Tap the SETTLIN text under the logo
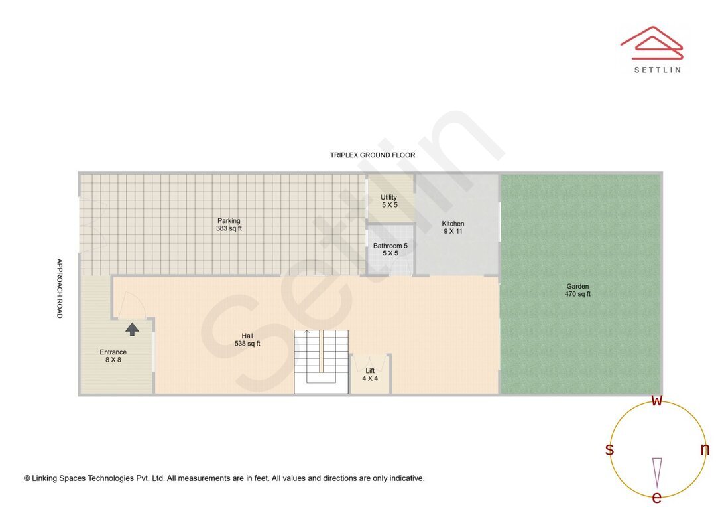click(x=657, y=69)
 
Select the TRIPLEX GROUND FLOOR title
click(x=373, y=155)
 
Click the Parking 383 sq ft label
click(x=229, y=225)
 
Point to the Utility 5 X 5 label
click(x=389, y=201)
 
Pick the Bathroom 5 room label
click(x=390, y=250)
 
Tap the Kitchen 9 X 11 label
click(x=453, y=228)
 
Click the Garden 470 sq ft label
click(x=577, y=290)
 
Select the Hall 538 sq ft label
click(x=247, y=340)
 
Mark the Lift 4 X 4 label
click(x=370, y=374)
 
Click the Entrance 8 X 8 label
click(x=113, y=356)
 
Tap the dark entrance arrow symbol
click(x=133, y=328)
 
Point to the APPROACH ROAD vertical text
click(x=59, y=288)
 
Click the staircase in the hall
click(x=322, y=361)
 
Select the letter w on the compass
click(x=657, y=401)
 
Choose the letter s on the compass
click(x=609, y=449)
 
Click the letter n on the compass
click(x=705, y=449)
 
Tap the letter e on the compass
click(x=656, y=498)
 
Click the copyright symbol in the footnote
click(x=27, y=478)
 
